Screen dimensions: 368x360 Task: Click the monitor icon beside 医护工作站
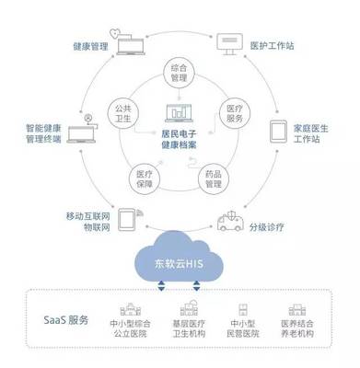(x=227, y=40)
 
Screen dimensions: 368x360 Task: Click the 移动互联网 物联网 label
(x=88, y=221)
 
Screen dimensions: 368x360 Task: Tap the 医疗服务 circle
(x=234, y=113)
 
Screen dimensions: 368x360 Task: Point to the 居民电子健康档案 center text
(x=180, y=139)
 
